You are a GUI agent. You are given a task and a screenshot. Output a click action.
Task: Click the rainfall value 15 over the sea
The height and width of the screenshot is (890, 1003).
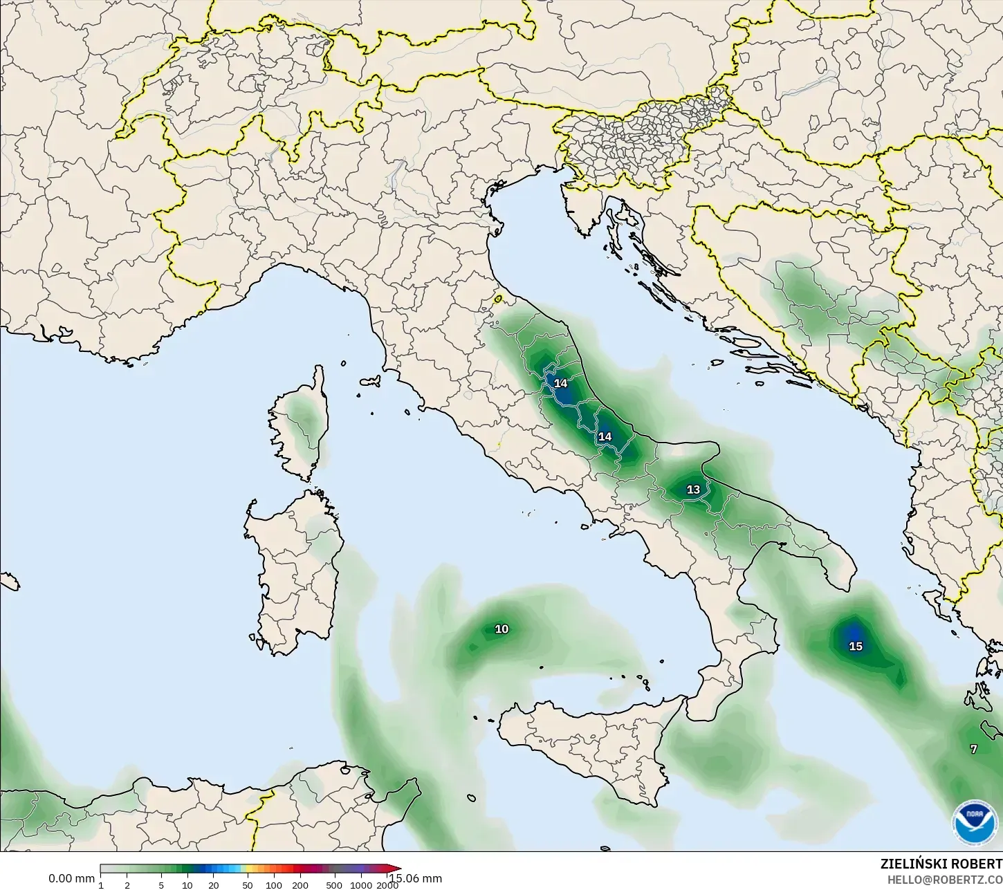coord(856,646)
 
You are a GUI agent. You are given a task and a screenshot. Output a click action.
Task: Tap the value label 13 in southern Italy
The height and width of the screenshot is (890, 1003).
coord(693,490)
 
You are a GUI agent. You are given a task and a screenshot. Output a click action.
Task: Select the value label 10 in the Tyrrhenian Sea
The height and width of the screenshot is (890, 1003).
coord(501,629)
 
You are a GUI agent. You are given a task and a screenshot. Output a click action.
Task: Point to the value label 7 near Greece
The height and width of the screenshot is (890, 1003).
coord(973,749)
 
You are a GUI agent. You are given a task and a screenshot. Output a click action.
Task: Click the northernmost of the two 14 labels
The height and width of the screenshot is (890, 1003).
coord(560,383)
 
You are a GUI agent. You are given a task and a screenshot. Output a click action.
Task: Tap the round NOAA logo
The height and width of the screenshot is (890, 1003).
coord(975,822)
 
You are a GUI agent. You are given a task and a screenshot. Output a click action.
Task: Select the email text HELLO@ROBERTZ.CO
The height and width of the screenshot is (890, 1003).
coord(945,880)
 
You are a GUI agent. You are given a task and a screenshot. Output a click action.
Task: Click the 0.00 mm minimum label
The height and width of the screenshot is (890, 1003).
coord(71,878)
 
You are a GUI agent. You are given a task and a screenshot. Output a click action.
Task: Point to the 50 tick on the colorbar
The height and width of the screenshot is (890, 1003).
coord(248,884)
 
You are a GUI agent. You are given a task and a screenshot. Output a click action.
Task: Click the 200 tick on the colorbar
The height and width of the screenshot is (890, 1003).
coord(300,884)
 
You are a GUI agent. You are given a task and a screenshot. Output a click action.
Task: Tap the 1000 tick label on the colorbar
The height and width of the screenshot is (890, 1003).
coord(360,884)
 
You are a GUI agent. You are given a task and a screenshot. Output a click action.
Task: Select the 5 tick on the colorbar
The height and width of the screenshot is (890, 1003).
coord(161,884)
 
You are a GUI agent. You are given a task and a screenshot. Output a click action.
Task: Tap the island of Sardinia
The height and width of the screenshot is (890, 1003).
coord(294,574)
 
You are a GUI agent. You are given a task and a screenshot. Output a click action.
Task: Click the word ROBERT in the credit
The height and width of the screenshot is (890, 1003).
coord(977,864)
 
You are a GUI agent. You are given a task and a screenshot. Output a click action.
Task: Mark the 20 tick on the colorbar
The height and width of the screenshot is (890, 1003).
coord(213,884)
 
